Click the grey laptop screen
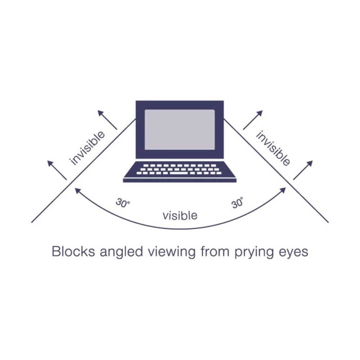[x=180, y=130]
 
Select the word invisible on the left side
[x=88, y=148]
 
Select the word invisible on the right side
[x=273, y=148]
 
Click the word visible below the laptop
[x=180, y=215]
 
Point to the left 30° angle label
[x=123, y=203]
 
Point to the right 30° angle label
[x=238, y=203]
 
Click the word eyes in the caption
[x=295, y=252]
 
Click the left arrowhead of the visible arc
[x=77, y=190]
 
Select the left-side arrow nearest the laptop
[x=107, y=120]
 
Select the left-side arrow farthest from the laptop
[x=57, y=170]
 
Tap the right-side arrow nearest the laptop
[x=253, y=120]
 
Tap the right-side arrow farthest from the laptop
[x=303, y=170]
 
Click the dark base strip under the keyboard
[x=180, y=180]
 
